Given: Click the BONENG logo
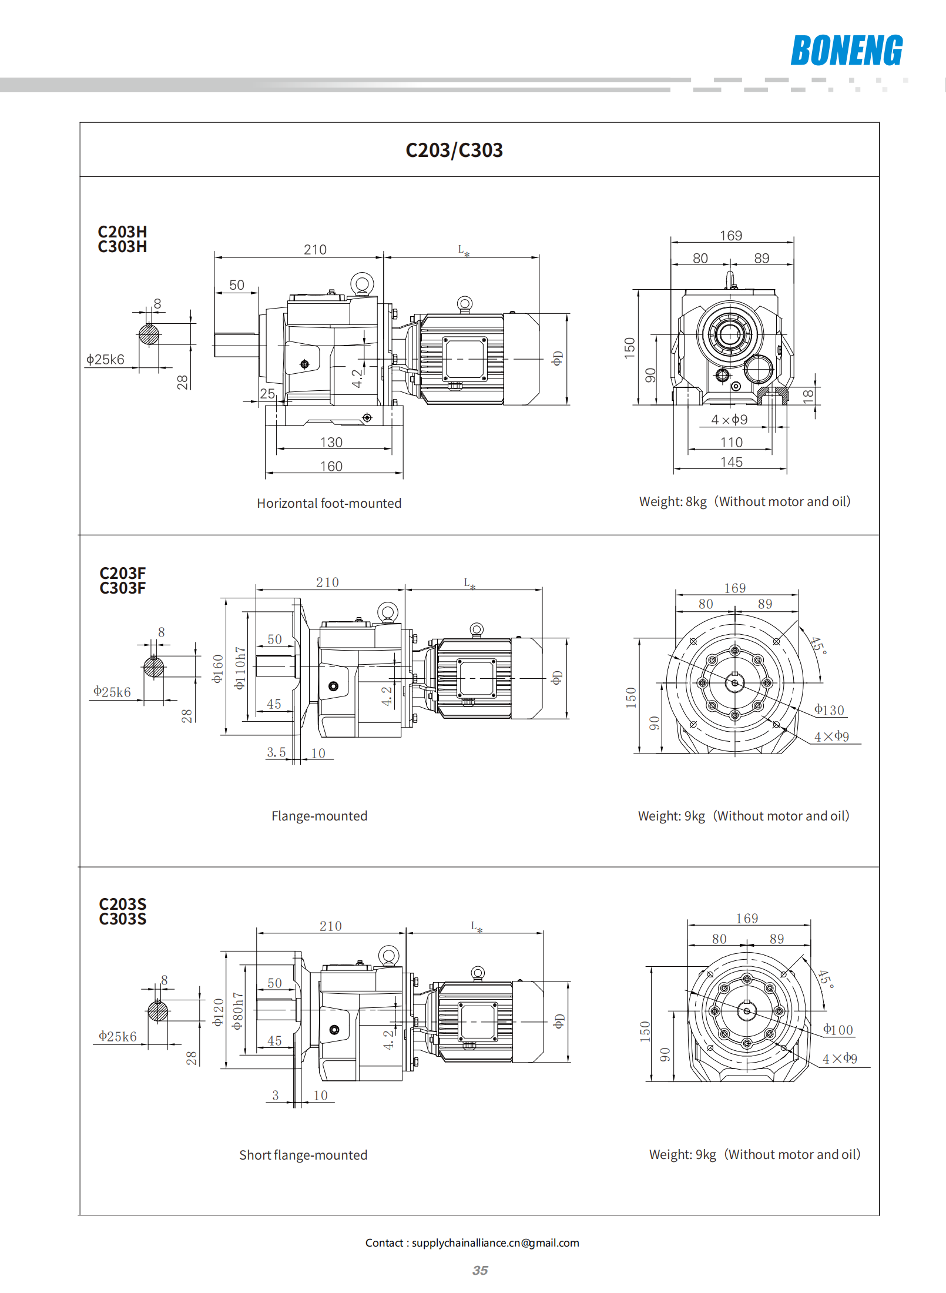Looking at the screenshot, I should coord(846,51).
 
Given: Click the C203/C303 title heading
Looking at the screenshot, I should coord(454,150).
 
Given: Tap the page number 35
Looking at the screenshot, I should coord(479,1270).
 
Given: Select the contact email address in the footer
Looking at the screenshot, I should coord(495,1242).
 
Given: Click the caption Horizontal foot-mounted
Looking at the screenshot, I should coord(329,503).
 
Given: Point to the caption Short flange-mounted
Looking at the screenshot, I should coord(303,1155).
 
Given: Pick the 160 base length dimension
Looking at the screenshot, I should coord(331,466).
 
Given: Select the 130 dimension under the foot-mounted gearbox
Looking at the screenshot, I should coord(331,442).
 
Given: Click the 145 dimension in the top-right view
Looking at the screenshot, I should coord(732,462).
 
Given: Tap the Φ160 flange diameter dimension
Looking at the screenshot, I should coord(218,668).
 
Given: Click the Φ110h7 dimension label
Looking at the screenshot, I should coord(240,668).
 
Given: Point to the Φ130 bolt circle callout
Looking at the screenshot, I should coord(829,710).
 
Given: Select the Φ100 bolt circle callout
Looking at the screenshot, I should coord(838,1030).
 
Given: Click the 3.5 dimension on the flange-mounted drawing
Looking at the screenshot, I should coord(276,752).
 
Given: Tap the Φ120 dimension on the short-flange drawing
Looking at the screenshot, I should coord(219,1012).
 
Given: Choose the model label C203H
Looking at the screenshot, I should coord(122,232).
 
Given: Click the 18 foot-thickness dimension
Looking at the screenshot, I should coord(809,396).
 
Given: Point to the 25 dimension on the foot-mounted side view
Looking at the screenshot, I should coord(267,393).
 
